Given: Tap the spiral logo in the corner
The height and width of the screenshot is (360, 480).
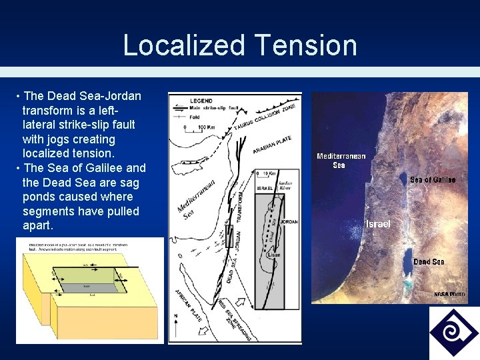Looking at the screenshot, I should (x=453, y=331).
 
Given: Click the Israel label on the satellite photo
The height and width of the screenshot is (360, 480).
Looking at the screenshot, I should (x=378, y=224).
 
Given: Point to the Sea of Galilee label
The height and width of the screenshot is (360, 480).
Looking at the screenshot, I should (x=433, y=180).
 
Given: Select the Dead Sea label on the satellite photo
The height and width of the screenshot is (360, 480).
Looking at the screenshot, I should (x=429, y=261).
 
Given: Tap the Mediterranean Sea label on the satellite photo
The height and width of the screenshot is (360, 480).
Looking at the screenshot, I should (x=341, y=161).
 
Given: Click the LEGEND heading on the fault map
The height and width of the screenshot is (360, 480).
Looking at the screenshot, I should (x=201, y=101).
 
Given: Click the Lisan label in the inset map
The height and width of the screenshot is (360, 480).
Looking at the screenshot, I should (x=273, y=255).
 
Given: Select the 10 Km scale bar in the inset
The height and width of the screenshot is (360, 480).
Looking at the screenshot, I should (x=267, y=175).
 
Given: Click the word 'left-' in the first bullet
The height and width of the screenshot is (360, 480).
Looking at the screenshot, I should (x=127, y=110).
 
